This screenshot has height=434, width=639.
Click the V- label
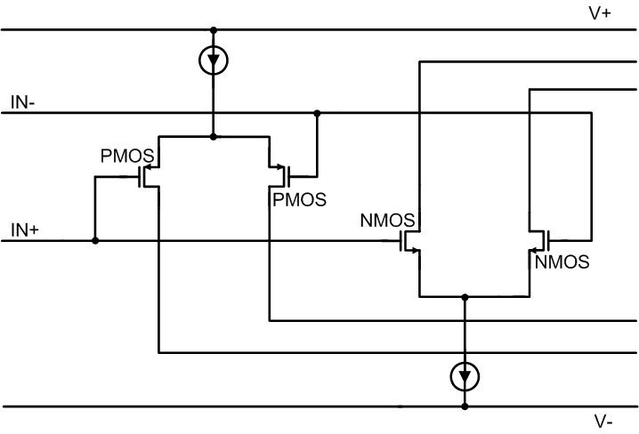[603, 422]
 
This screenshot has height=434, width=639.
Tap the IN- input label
[24, 102]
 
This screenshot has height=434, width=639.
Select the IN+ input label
[25, 229]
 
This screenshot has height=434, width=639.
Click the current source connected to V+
[214, 60]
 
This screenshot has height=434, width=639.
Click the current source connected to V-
[464, 376]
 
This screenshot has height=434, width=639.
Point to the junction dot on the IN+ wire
[95, 240]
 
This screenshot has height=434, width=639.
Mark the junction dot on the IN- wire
[318, 113]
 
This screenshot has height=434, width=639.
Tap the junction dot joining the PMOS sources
[214, 137]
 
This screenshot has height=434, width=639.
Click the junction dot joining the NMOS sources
[464, 296]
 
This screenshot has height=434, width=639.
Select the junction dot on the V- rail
[464, 407]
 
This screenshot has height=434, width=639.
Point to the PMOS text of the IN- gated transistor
[299, 198]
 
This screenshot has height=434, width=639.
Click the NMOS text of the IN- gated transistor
[563, 262]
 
